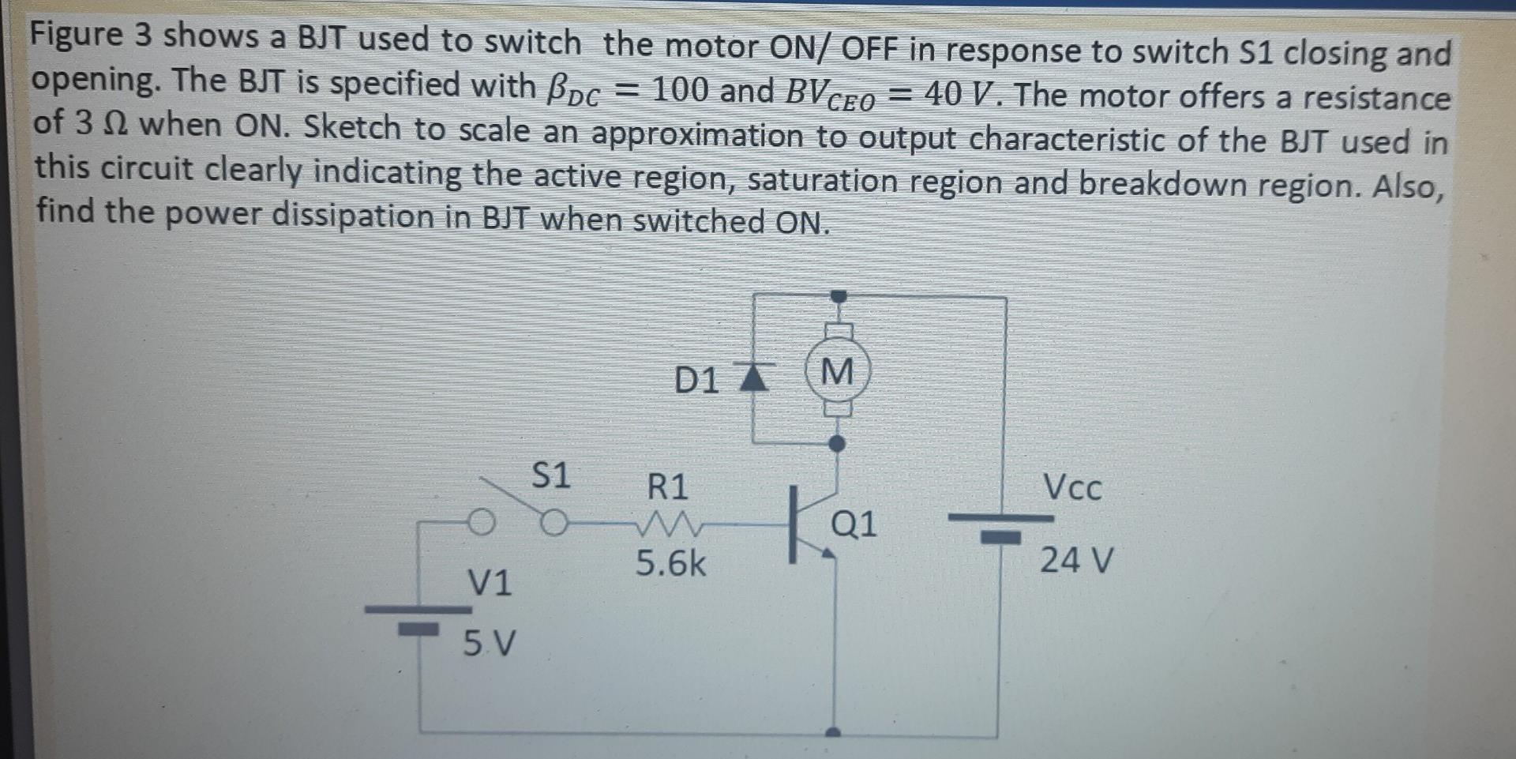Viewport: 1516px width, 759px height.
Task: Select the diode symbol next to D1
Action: [x=753, y=377]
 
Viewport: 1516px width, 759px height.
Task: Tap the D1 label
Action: [x=696, y=381]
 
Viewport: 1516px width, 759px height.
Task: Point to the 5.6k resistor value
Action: [x=671, y=564]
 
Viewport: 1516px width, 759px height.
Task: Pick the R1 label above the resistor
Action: [x=668, y=487]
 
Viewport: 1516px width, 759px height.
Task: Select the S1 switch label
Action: [x=550, y=475]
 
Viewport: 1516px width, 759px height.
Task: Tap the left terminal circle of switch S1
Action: [x=481, y=522]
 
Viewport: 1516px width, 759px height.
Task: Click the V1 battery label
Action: [x=490, y=583]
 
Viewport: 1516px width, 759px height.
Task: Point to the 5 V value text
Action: [x=489, y=644]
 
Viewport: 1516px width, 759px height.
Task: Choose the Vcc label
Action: [x=1071, y=487]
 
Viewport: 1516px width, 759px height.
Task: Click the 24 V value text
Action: [x=1076, y=561]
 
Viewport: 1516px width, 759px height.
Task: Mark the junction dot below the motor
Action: [x=838, y=444]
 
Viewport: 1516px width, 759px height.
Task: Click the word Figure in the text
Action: [x=77, y=36]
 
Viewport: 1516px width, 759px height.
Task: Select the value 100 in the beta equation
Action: [x=680, y=90]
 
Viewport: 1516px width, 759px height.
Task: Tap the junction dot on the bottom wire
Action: [x=835, y=734]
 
